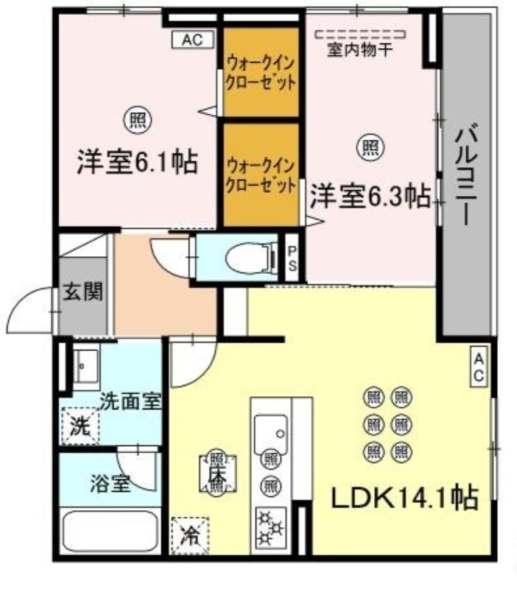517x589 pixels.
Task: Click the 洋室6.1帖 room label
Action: pos(137,162)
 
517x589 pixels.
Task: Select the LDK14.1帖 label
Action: pos(404,498)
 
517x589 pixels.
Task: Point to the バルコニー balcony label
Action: pos(466,176)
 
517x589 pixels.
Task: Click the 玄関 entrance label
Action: pos(82,292)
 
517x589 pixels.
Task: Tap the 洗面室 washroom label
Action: pos(130,401)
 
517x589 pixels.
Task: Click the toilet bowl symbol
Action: pos(250,258)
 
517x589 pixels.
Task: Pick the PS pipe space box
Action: pos(292,258)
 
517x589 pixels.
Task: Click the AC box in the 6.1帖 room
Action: pos(193,40)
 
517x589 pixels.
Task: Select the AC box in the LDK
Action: pos(479,365)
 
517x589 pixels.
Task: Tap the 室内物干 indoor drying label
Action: pos(360,50)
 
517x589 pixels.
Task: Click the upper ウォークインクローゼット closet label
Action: pos(260,73)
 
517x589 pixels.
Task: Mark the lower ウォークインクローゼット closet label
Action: pos(261,175)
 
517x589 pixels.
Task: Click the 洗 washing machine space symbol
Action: pos(80,426)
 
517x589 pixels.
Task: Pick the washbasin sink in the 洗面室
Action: pos(86,366)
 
